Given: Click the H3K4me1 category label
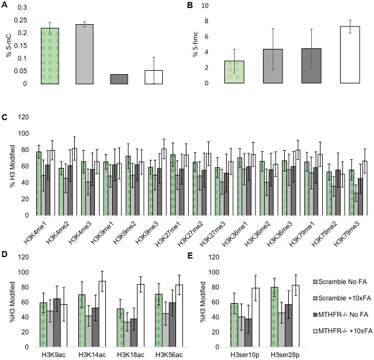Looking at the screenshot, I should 41,229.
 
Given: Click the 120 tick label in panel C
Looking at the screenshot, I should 24,117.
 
